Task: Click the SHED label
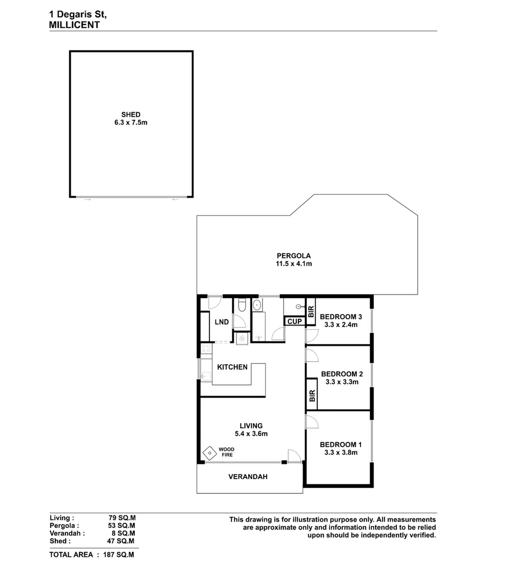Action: point(130,114)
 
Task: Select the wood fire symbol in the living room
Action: point(209,452)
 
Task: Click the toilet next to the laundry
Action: point(242,305)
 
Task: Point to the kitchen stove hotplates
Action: point(206,348)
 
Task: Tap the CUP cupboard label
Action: point(294,321)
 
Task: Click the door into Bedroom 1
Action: point(310,420)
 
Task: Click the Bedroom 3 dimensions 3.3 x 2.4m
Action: point(341,324)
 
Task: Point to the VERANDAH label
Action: point(248,477)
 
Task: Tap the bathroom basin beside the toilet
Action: point(256,305)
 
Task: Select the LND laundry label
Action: point(222,322)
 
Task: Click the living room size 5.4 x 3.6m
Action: point(251,434)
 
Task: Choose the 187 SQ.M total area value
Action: point(122,554)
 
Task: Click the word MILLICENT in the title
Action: point(74,25)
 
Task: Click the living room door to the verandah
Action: point(295,457)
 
